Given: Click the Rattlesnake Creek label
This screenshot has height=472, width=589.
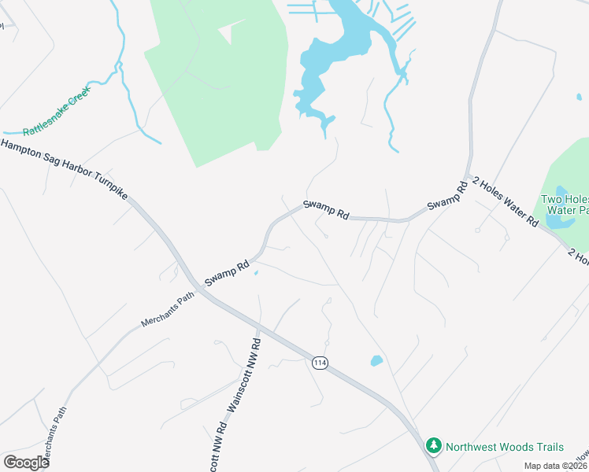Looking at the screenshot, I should (x=57, y=110).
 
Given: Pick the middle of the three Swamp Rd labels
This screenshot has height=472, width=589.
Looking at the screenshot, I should (x=326, y=208).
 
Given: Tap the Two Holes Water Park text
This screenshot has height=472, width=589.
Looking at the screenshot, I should (x=565, y=205).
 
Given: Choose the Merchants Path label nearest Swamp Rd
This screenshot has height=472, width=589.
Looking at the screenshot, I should (x=167, y=310).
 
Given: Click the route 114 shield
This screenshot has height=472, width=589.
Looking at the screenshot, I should (x=319, y=363).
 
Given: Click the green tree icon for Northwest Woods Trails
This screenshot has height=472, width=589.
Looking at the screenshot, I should (x=433, y=446).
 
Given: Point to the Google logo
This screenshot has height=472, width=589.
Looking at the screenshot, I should (x=26, y=463).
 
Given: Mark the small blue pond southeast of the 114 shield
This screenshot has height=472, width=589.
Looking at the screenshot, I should (x=376, y=361).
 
